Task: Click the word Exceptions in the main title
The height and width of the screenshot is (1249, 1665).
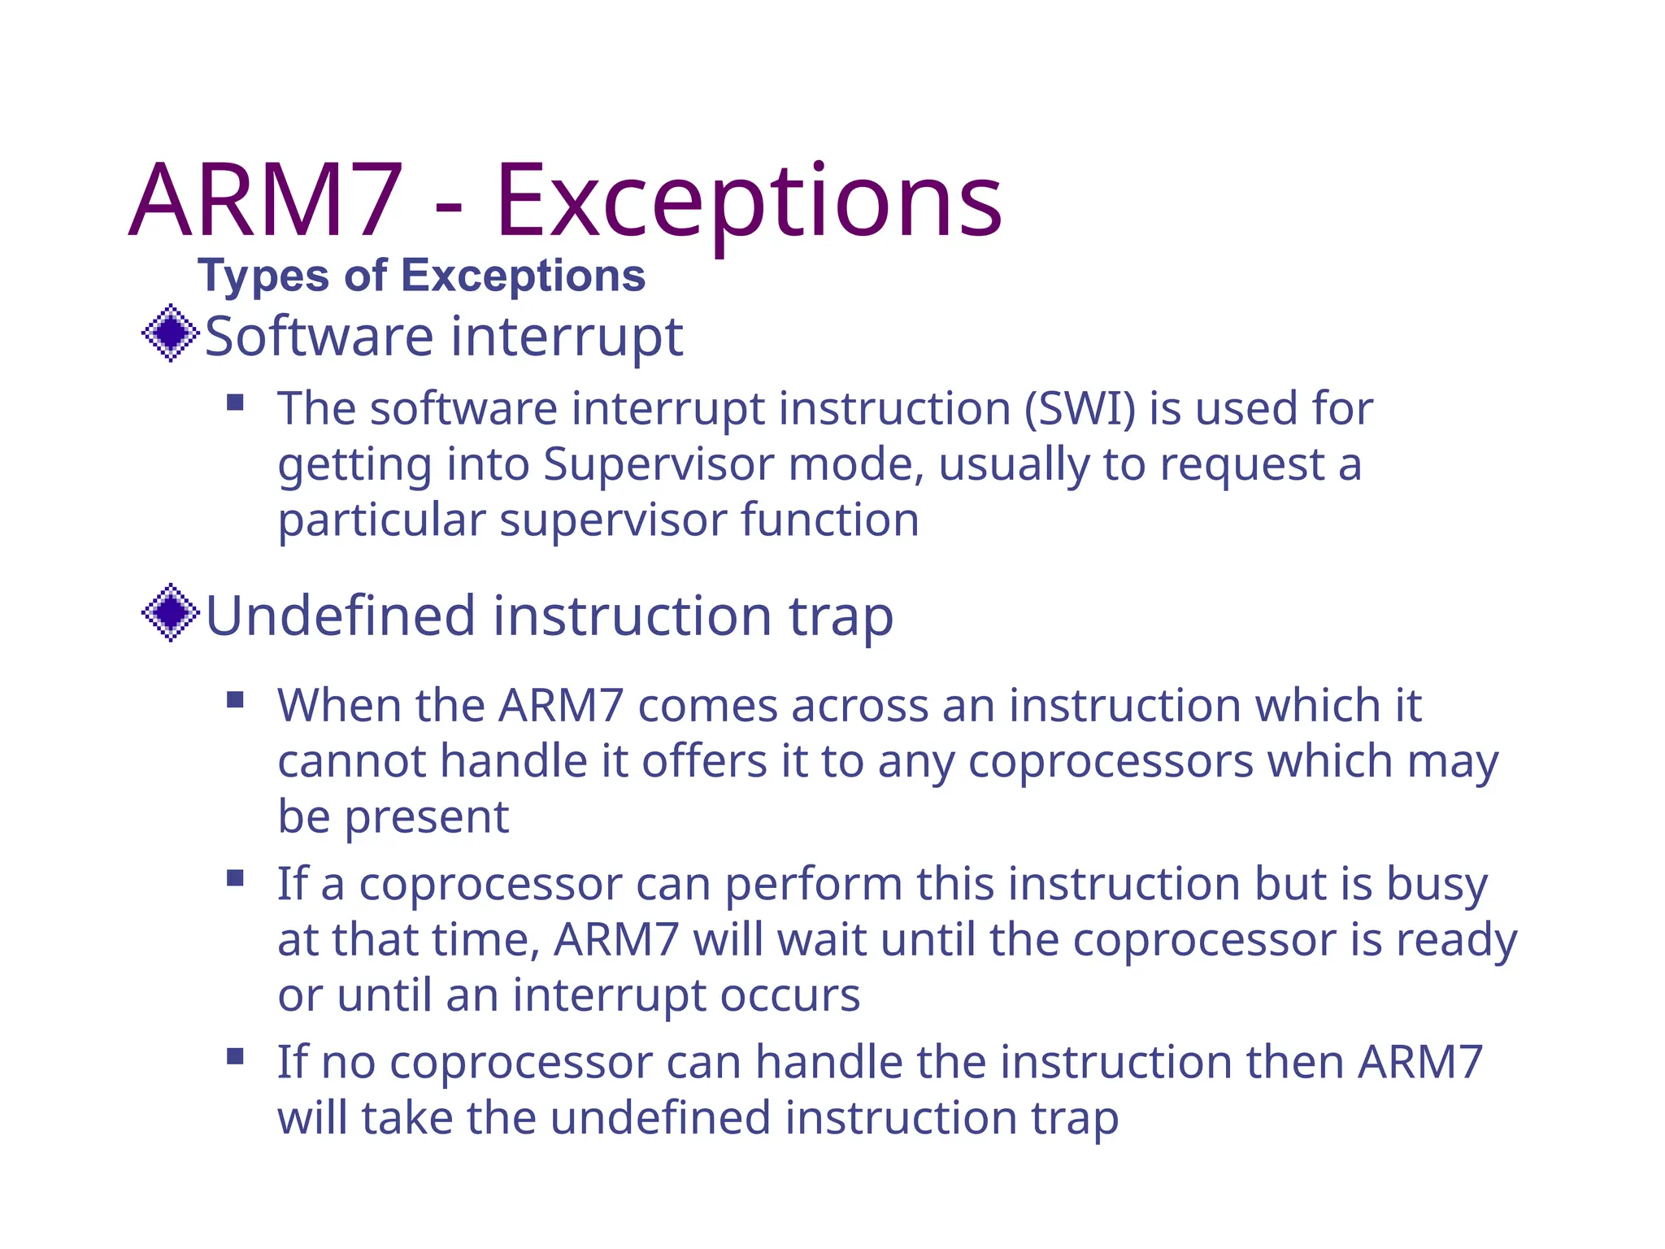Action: tap(748, 203)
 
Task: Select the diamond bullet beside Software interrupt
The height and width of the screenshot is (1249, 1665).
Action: tap(171, 333)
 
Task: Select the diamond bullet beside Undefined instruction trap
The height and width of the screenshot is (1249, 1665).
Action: tap(171, 612)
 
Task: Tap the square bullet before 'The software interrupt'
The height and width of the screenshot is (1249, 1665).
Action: tap(236, 403)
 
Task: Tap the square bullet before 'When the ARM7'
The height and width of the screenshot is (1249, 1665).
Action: tap(236, 700)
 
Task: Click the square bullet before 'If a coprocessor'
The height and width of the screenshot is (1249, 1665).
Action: tap(236, 878)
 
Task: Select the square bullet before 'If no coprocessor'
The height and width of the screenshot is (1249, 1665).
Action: tap(236, 1056)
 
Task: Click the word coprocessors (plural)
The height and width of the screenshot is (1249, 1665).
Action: tap(1111, 763)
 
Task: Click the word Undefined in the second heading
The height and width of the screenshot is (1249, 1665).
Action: tap(340, 616)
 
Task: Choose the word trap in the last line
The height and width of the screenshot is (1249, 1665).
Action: tap(1075, 1118)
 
